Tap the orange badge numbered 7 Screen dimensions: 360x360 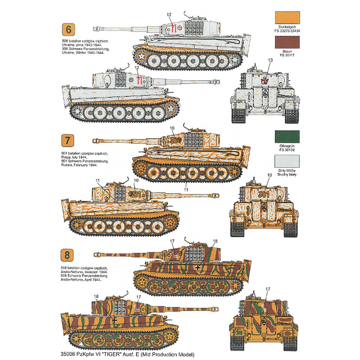coord(66,140)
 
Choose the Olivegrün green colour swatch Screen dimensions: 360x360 coord(287,137)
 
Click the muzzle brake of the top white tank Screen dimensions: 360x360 coord(96,28)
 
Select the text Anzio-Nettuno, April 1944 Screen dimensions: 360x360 coord(80,279)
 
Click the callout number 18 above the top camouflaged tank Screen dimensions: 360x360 coord(215,241)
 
